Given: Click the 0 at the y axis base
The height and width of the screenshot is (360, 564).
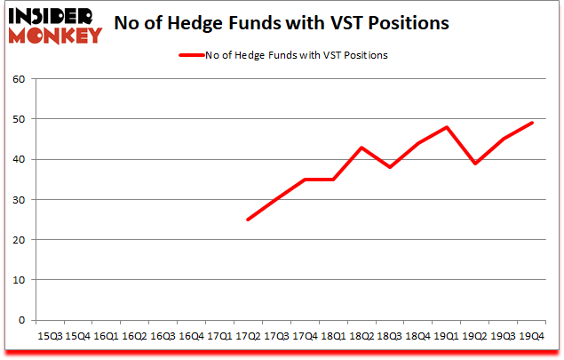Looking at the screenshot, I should point(22,320).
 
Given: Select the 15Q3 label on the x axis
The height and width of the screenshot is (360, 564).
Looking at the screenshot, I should point(49,337).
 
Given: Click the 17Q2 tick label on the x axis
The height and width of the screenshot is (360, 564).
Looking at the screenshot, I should point(248,337).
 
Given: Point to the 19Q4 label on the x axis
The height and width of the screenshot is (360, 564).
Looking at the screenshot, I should point(532,337).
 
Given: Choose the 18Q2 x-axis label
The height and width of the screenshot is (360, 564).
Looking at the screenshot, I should point(361,337).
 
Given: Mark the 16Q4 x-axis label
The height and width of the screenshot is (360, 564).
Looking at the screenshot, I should point(191,337).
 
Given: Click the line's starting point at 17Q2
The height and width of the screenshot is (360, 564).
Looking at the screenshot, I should point(248,220).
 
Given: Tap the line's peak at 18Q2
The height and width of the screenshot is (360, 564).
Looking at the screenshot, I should point(361,148).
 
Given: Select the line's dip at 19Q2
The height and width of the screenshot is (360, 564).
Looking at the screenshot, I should point(475,164).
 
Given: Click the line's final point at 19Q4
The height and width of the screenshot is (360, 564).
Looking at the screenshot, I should point(532,124).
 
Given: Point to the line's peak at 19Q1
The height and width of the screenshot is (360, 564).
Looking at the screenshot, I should point(447,127).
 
